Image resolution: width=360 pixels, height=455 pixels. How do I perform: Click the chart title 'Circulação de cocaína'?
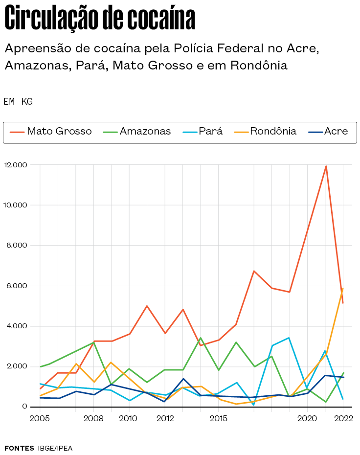click(100, 19)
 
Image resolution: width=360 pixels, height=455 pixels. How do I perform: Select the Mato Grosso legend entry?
click(51, 132)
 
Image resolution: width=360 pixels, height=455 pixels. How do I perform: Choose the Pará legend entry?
click(203, 132)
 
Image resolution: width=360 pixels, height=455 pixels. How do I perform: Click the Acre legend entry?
click(329, 132)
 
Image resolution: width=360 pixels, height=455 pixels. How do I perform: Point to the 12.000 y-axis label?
click(15, 165)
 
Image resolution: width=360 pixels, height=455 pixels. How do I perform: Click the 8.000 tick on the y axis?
click(17, 246)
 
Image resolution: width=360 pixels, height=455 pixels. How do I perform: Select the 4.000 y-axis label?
click(17, 326)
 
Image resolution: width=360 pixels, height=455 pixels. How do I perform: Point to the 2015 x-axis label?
click(218, 418)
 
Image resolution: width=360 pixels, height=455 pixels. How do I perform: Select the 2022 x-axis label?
click(343, 418)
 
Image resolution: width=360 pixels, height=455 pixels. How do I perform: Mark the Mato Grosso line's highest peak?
click(326, 166)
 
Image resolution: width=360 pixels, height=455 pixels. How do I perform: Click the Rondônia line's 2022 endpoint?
click(343, 289)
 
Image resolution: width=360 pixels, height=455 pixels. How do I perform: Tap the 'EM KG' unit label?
click(18, 102)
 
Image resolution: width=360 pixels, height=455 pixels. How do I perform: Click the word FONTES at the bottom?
click(19, 448)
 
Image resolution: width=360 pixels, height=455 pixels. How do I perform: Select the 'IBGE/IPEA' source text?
click(55, 448)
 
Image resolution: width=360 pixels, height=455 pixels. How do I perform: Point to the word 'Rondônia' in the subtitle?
click(259, 65)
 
